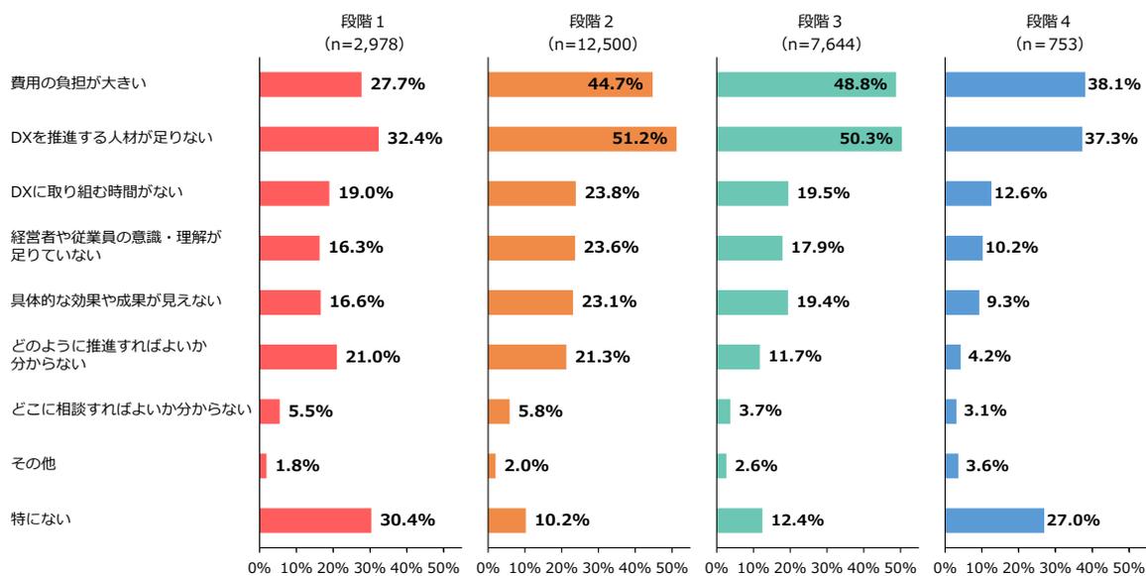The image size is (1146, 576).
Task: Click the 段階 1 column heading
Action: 364,21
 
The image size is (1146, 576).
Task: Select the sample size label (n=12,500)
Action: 592,45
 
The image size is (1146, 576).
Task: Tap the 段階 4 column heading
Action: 1049,21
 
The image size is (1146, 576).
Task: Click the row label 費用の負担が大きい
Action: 78,83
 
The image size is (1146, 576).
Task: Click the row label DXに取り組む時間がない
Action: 96,191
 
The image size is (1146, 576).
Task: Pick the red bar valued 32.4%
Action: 318,139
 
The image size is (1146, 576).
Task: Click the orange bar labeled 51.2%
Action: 581,139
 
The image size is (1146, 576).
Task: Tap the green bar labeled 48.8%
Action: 805,84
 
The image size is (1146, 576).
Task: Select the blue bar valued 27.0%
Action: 993,520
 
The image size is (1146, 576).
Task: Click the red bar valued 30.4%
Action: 314,520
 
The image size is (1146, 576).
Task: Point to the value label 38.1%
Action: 1114,84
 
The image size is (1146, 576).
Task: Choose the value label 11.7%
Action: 794,357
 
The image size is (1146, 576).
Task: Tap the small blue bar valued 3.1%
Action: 950,411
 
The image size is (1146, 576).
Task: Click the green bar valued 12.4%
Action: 739,520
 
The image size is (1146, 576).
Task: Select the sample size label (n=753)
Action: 1049,45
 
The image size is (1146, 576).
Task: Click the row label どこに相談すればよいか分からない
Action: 131,408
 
